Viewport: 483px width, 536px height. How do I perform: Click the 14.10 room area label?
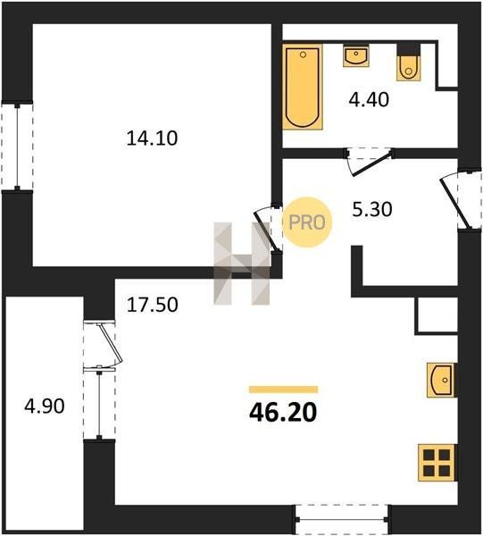[152, 138]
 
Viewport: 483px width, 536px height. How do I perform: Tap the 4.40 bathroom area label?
[369, 100]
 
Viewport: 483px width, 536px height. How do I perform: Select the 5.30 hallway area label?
[372, 209]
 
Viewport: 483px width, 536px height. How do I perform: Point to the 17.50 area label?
[153, 305]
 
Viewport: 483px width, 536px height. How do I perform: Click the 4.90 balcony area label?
[45, 406]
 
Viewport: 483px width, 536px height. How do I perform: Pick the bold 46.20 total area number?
[283, 412]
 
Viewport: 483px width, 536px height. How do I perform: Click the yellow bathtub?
[303, 87]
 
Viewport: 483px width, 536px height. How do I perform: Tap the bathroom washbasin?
[356, 55]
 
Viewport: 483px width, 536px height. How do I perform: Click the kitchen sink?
[442, 381]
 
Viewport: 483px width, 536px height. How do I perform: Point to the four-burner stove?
[437, 463]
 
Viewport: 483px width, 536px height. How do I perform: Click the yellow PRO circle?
[307, 222]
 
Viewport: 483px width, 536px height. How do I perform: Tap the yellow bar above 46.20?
[284, 389]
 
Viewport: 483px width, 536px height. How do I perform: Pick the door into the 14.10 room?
[269, 229]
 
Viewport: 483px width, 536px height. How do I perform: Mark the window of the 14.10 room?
[17, 146]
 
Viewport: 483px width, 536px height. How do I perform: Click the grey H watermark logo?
[241, 264]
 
